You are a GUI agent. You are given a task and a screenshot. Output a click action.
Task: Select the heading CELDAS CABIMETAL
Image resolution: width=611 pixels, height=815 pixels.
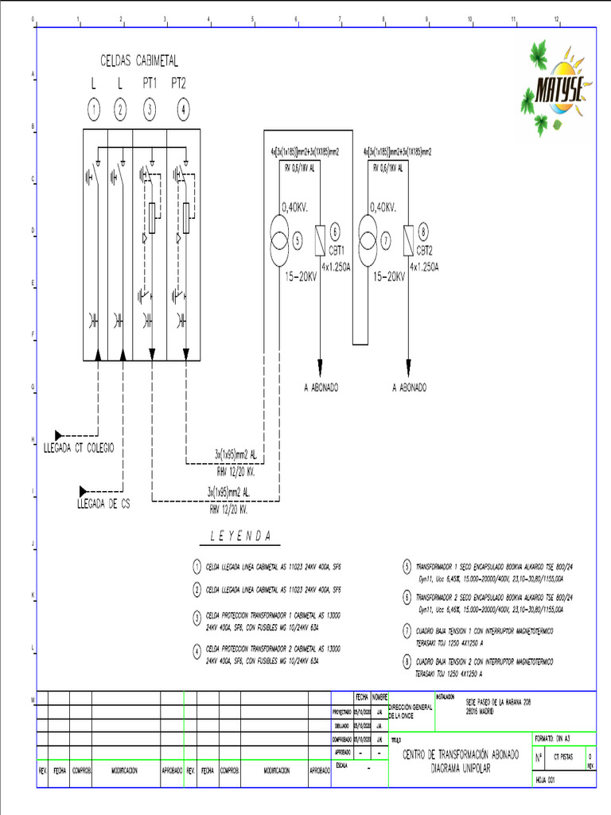pyautogui.click(x=138, y=60)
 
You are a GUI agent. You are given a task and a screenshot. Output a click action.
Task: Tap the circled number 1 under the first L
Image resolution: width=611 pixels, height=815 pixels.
pyautogui.click(x=94, y=110)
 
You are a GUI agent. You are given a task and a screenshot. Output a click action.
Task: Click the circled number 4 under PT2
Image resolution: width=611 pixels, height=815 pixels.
pyautogui.click(x=184, y=110)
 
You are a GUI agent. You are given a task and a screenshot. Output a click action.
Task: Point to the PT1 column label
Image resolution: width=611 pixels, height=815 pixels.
pyautogui.click(x=150, y=83)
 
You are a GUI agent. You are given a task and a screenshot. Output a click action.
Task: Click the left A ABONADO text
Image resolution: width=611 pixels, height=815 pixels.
pyautogui.click(x=321, y=388)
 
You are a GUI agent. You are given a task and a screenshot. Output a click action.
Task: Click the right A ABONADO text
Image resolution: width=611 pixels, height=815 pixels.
pyautogui.click(x=409, y=388)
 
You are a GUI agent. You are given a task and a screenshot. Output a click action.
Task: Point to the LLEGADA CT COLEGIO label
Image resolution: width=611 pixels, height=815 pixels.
pyautogui.click(x=79, y=448)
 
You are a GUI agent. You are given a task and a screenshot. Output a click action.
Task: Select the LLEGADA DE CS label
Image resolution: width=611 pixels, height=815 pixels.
pyautogui.click(x=103, y=504)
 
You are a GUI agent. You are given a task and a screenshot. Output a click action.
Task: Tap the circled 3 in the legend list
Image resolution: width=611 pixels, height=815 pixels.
pyautogui.click(x=197, y=617)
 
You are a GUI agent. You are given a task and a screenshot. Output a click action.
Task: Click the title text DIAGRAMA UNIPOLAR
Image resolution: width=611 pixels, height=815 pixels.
pyautogui.click(x=461, y=770)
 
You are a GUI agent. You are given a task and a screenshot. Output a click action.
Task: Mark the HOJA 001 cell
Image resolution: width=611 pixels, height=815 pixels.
pyautogui.click(x=546, y=780)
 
